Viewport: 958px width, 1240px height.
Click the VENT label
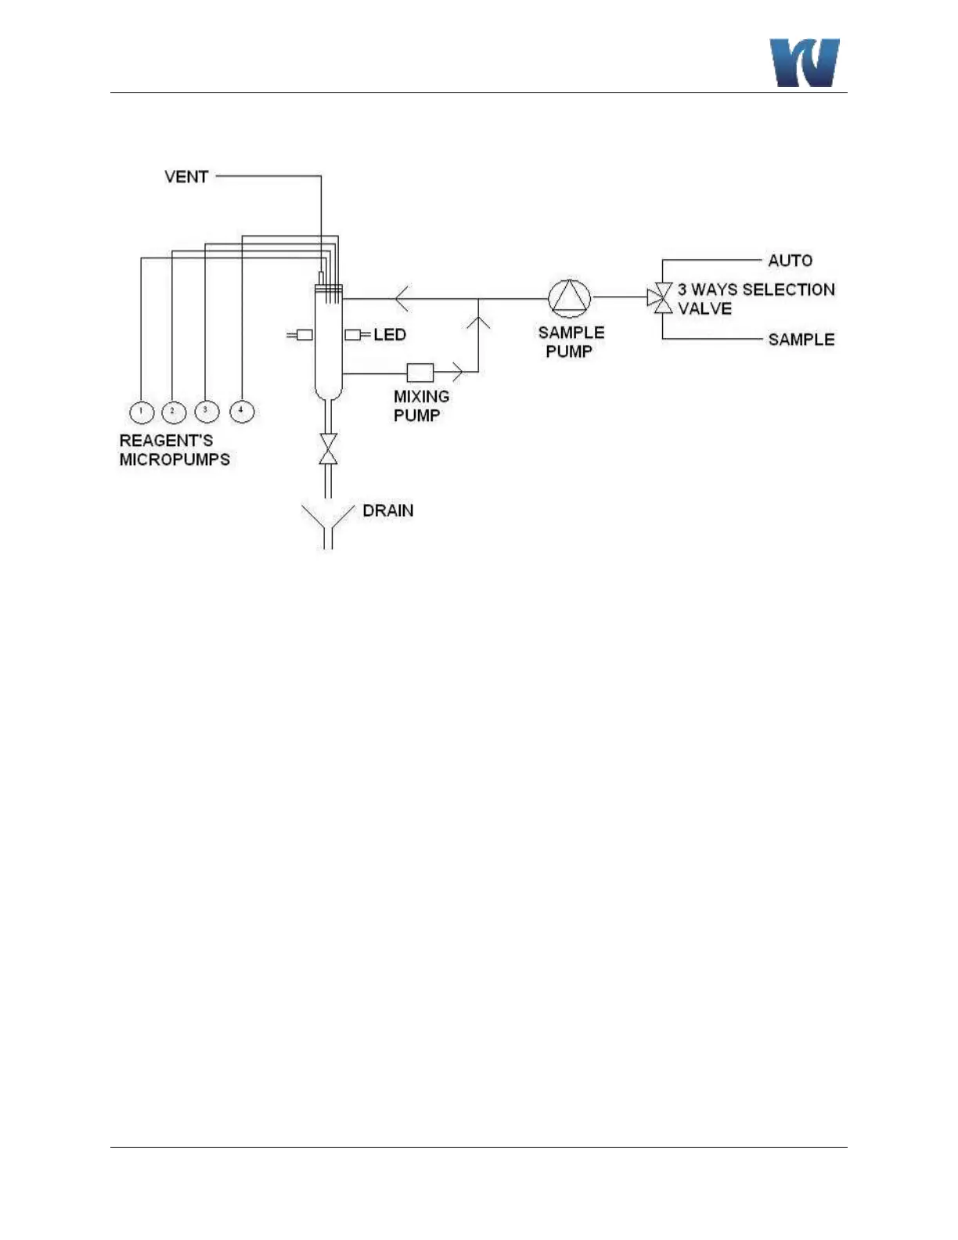click(186, 177)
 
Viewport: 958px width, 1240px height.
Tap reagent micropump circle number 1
click(141, 411)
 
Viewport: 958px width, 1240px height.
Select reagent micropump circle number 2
click(173, 411)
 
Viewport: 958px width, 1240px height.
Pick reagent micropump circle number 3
click(206, 410)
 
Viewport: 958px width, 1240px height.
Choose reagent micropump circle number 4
click(242, 410)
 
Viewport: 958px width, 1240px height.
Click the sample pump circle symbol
click(569, 298)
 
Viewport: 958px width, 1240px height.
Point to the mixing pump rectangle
click(420, 373)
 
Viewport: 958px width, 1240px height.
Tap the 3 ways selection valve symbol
click(662, 297)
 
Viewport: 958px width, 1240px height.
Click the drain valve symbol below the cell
click(329, 449)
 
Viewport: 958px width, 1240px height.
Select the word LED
click(390, 335)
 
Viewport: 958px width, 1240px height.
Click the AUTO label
click(790, 261)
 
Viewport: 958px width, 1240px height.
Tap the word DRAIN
click(388, 511)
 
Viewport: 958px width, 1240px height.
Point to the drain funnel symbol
click(329, 525)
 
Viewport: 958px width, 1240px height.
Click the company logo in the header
click(805, 63)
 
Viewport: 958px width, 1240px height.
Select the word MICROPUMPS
click(175, 460)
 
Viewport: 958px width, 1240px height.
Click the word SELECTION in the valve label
click(788, 290)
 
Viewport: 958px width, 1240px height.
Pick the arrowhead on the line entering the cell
click(402, 298)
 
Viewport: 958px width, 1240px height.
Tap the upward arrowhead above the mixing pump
click(478, 321)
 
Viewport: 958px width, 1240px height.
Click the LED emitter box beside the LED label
click(353, 335)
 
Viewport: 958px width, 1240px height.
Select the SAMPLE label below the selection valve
click(801, 340)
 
